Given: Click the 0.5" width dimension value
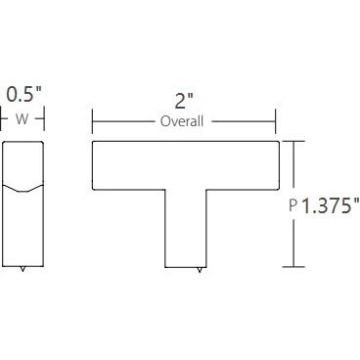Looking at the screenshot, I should click(x=23, y=95).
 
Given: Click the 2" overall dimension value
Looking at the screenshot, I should click(x=183, y=99).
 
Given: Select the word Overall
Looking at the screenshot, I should click(x=182, y=122).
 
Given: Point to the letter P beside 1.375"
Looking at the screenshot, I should click(x=293, y=205).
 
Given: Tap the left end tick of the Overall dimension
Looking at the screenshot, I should click(x=92, y=122).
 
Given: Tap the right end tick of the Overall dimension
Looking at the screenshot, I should click(x=275, y=122).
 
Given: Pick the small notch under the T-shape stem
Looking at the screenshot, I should click(x=201, y=269).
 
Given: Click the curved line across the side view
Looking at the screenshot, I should click(x=23, y=185).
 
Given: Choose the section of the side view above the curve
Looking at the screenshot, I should click(x=23, y=162).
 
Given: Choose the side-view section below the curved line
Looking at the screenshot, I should click(x=23, y=227).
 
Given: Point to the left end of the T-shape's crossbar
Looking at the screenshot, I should click(x=98, y=164).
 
